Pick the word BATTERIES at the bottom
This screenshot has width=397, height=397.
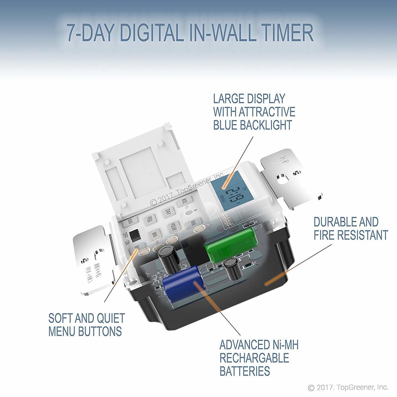pos(245,371)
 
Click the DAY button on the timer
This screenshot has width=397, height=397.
pos(168,212)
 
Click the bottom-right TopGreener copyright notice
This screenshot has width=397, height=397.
pos(348,387)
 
